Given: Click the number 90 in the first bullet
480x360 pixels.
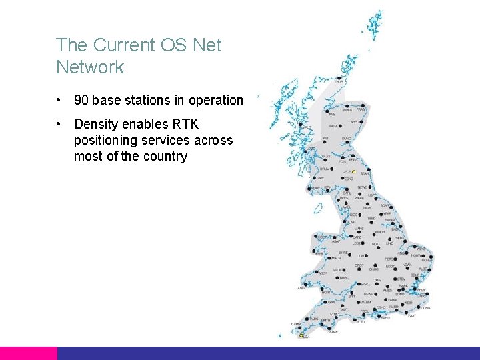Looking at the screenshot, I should tap(81, 101).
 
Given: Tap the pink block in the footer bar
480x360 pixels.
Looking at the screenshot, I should tap(28, 353).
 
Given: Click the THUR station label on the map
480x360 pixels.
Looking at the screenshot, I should tap(339, 82).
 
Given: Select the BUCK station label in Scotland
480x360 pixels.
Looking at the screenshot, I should tap(347, 110).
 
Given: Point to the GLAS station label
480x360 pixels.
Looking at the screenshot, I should tap(326, 157).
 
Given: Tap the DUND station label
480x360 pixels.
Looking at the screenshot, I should tap(346, 139).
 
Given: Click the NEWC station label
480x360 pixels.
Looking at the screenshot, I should tap(363, 188).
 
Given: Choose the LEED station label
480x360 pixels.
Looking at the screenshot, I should tap(371, 218).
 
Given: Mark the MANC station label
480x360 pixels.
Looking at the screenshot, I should tap(359, 228).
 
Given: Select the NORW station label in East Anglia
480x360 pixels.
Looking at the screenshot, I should tap(416, 255).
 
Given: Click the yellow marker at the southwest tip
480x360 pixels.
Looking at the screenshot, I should tap(301, 335).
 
